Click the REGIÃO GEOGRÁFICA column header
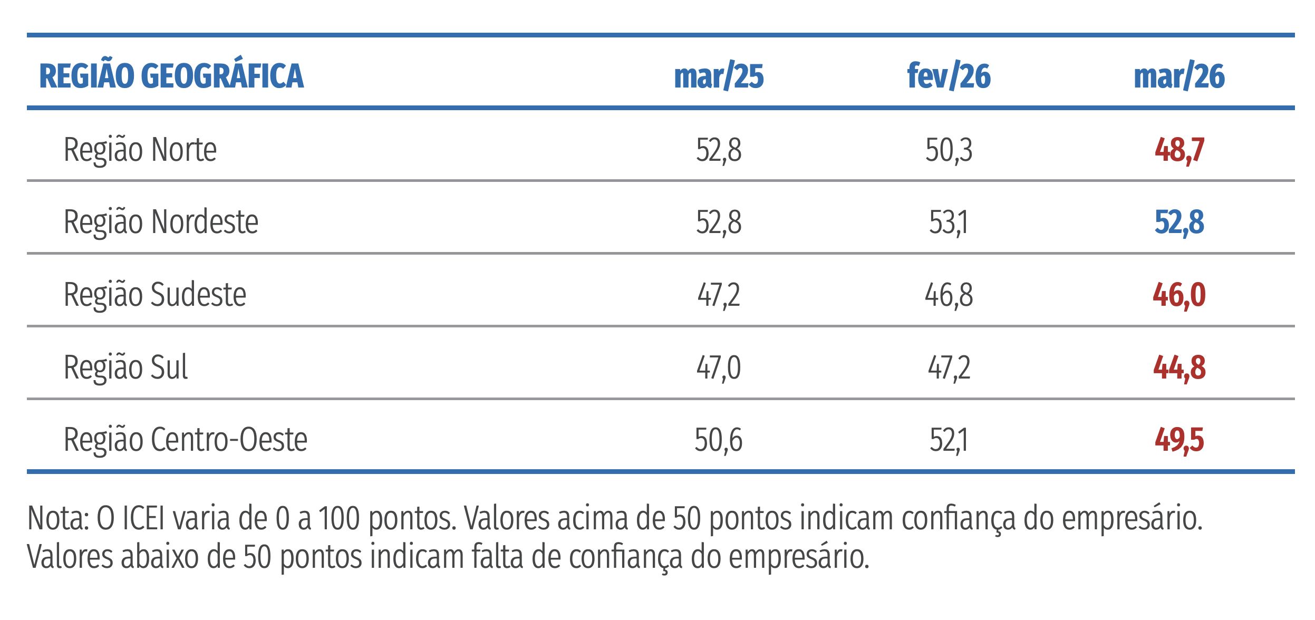pyautogui.click(x=171, y=76)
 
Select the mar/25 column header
pyautogui.click(x=719, y=77)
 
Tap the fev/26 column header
pyautogui.click(x=949, y=77)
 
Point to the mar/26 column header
pyautogui.click(x=1179, y=77)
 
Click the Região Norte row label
pyautogui.click(x=140, y=150)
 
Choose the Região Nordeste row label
pyautogui.click(x=161, y=222)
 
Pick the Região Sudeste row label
pyautogui.click(x=154, y=295)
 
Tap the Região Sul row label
pyautogui.click(x=125, y=367)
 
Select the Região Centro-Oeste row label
pyautogui.click(x=185, y=440)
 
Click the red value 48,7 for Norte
pyautogui.click(x=1179, y=151)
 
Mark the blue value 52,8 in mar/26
pyautogui.click(x=1179, y=222)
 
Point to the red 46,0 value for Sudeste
pyautogui.click(x=1179, y=295)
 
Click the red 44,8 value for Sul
pyautogui.click(x=1179, y=368)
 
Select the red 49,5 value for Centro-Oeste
pyautogui.click(x=1179, y=440)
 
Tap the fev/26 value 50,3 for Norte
pyautogui.click(x=949, y=151)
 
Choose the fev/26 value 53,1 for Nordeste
pyautogui.click(x=949, y=222)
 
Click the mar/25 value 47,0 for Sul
pyautogui.click(x=718, y=368)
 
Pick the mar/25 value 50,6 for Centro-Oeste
pyautogui.click(x=718, y=440)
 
